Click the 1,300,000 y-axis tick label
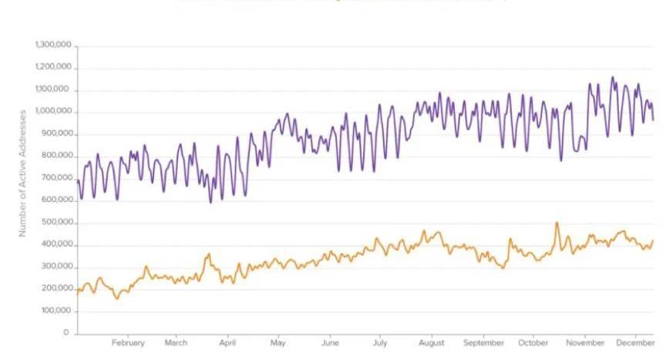53,45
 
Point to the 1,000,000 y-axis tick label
53,112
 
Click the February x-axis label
128,343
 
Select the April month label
227,343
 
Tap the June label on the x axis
330,343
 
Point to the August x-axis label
432,343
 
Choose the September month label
484,343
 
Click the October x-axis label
533,343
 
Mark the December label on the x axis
635,343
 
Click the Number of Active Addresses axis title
23,173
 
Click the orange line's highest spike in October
557,223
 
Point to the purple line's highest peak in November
613,77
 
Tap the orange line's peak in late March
208,254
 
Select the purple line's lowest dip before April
210,202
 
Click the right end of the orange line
653,241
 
